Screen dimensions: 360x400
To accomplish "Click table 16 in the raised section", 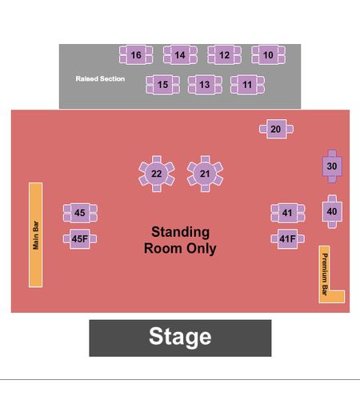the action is pyautogui.click(x=136, y=55).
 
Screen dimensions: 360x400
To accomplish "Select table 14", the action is pyautogui.click(x=180, y=55).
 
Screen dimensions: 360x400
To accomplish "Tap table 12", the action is pyautogui.click(x=224, y=55).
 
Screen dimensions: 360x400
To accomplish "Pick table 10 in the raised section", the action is pyautogui.click(x=268, y=55).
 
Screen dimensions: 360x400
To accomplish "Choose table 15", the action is pyautogui.click(x=162, y=85).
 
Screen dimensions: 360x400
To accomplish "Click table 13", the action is pyautogui.click(x=205, y=85).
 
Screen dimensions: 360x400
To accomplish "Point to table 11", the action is pyautogui.click(x=247, y=85).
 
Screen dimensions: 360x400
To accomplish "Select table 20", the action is pyautogui.click(x=276, y=129).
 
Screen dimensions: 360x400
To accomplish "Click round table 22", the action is pyautogui.click(x=157, y=174).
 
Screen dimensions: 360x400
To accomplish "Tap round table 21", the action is pyautogui.click(x=205, y=174).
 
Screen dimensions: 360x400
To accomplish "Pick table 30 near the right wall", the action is pyautogui.click(x=332, y=166).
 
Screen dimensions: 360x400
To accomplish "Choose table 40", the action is pyautogui.click(x=332, y=211).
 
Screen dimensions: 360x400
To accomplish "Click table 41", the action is pyautogui.click(x=288, y=213).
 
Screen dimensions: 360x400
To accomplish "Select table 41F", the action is pyautogui.click(x=288, y=238).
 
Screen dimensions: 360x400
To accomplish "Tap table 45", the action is pyautogui.click(x=80, y=213).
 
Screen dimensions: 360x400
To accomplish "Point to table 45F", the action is pyautogui.click(x=80, y=238).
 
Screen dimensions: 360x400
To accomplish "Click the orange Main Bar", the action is pyautogui.click(x=35, y=235).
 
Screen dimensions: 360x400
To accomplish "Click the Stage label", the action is pyautogui.click(x=180, y=337).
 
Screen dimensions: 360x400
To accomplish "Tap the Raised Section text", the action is pyautogui.click(x=100, y=78).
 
